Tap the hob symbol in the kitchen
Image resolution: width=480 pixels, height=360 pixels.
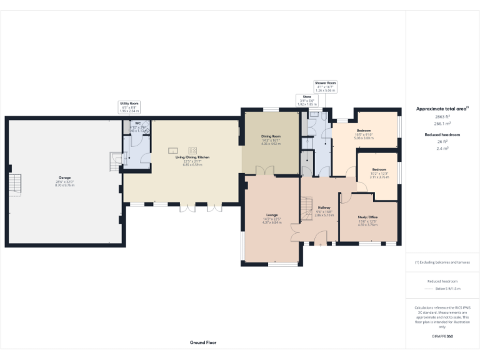pos(192,149)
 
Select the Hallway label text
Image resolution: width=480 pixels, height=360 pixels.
pos(324,207)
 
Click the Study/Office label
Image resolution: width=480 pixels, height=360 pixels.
pos(367,217)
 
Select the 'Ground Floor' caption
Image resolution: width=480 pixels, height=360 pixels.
pos(202,342)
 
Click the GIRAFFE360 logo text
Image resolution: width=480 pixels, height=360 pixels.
pos(442,336)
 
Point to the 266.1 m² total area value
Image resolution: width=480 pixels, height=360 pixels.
pos(442,123)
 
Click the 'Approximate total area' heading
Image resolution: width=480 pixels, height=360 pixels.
pos(442,109)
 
